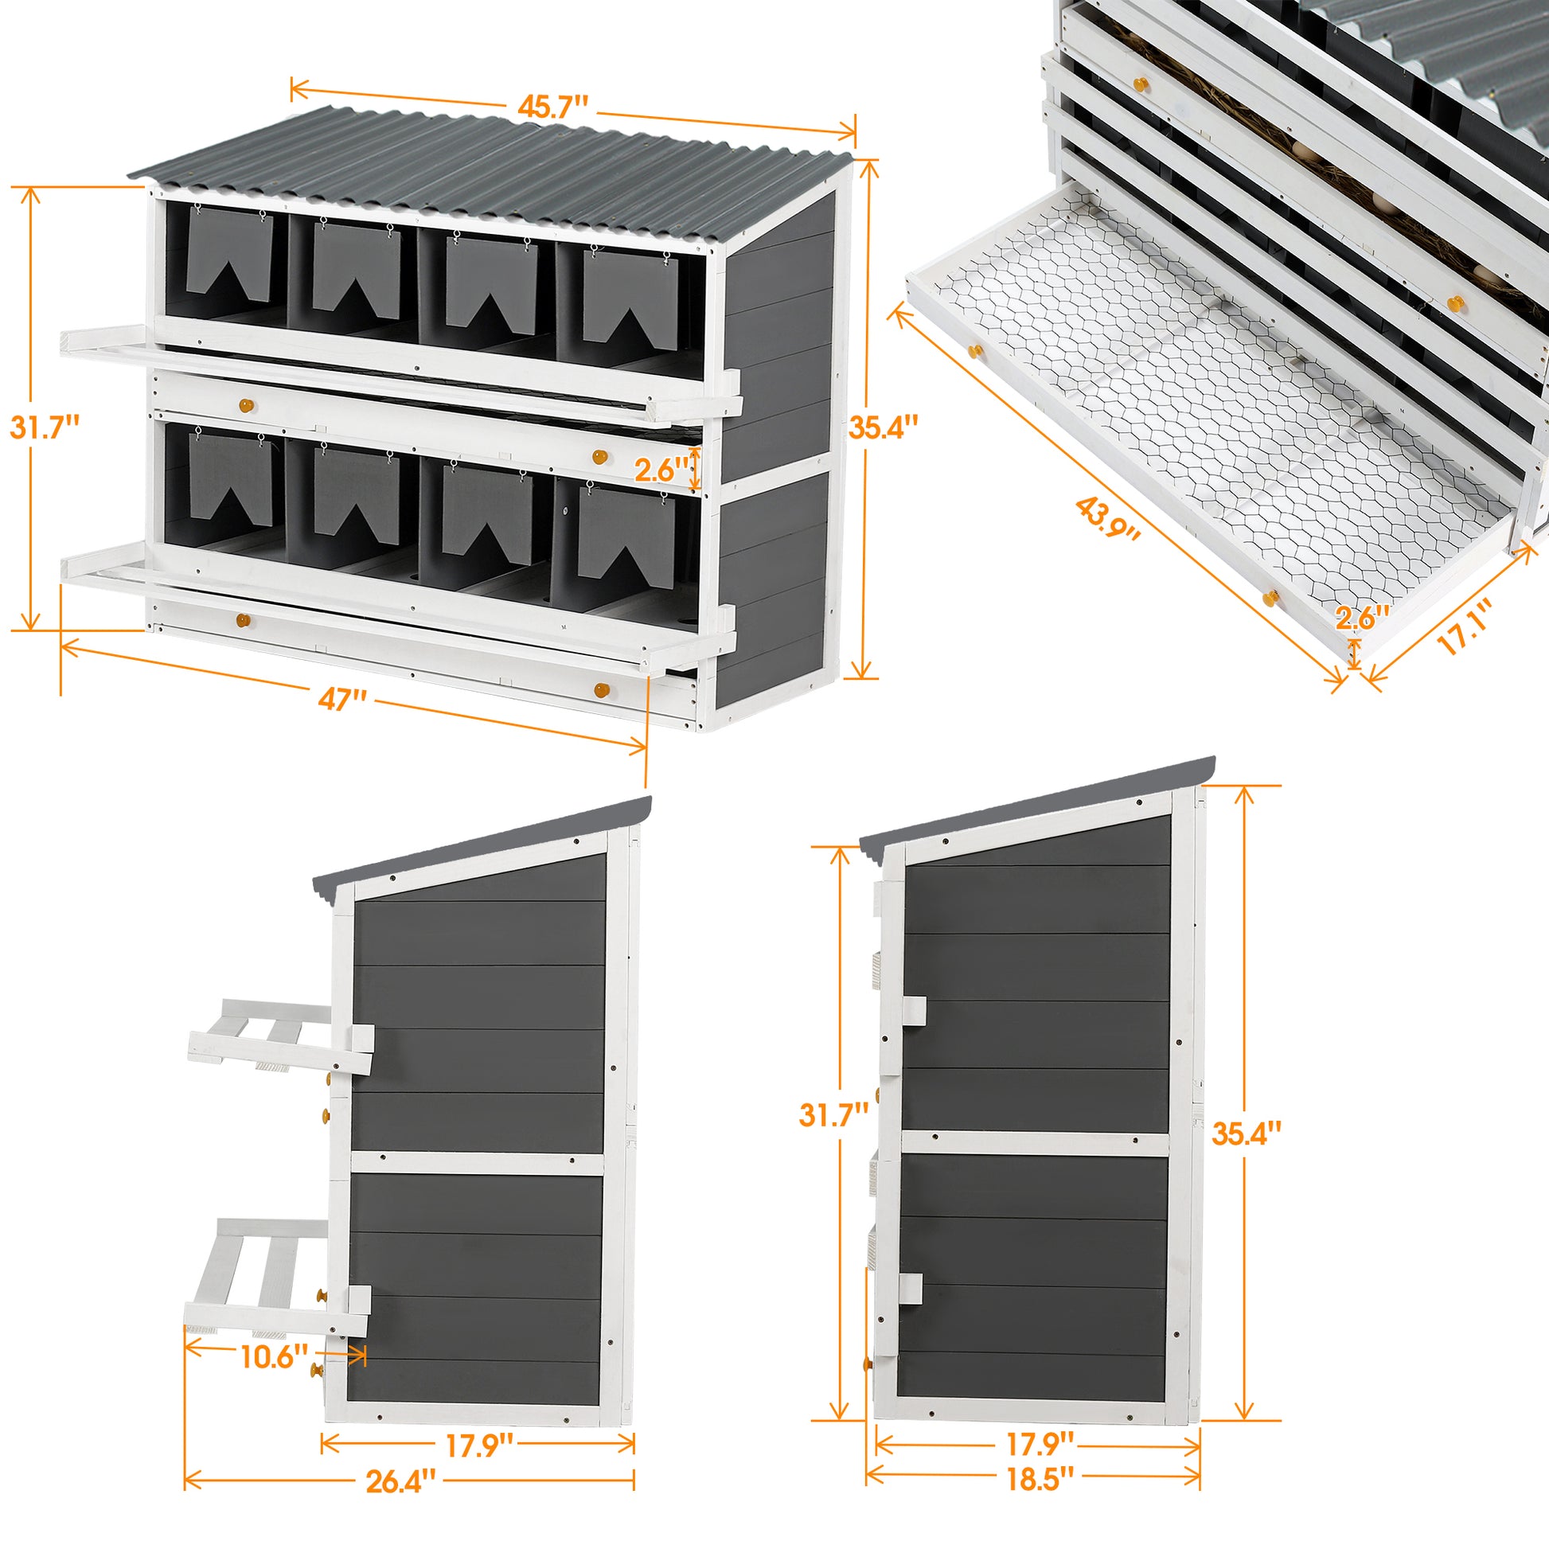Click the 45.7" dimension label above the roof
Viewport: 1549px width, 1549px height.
pos(552,107)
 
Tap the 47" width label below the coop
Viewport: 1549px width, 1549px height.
pos(342,699)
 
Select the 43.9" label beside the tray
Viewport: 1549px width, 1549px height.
pos(1106,517)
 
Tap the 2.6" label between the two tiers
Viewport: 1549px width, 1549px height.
pos(661,470)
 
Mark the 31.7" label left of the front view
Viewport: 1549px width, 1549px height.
pos(45,427)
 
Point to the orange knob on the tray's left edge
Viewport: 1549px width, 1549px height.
pos(975,350)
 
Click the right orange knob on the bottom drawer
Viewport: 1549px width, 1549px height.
pos(601,689)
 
